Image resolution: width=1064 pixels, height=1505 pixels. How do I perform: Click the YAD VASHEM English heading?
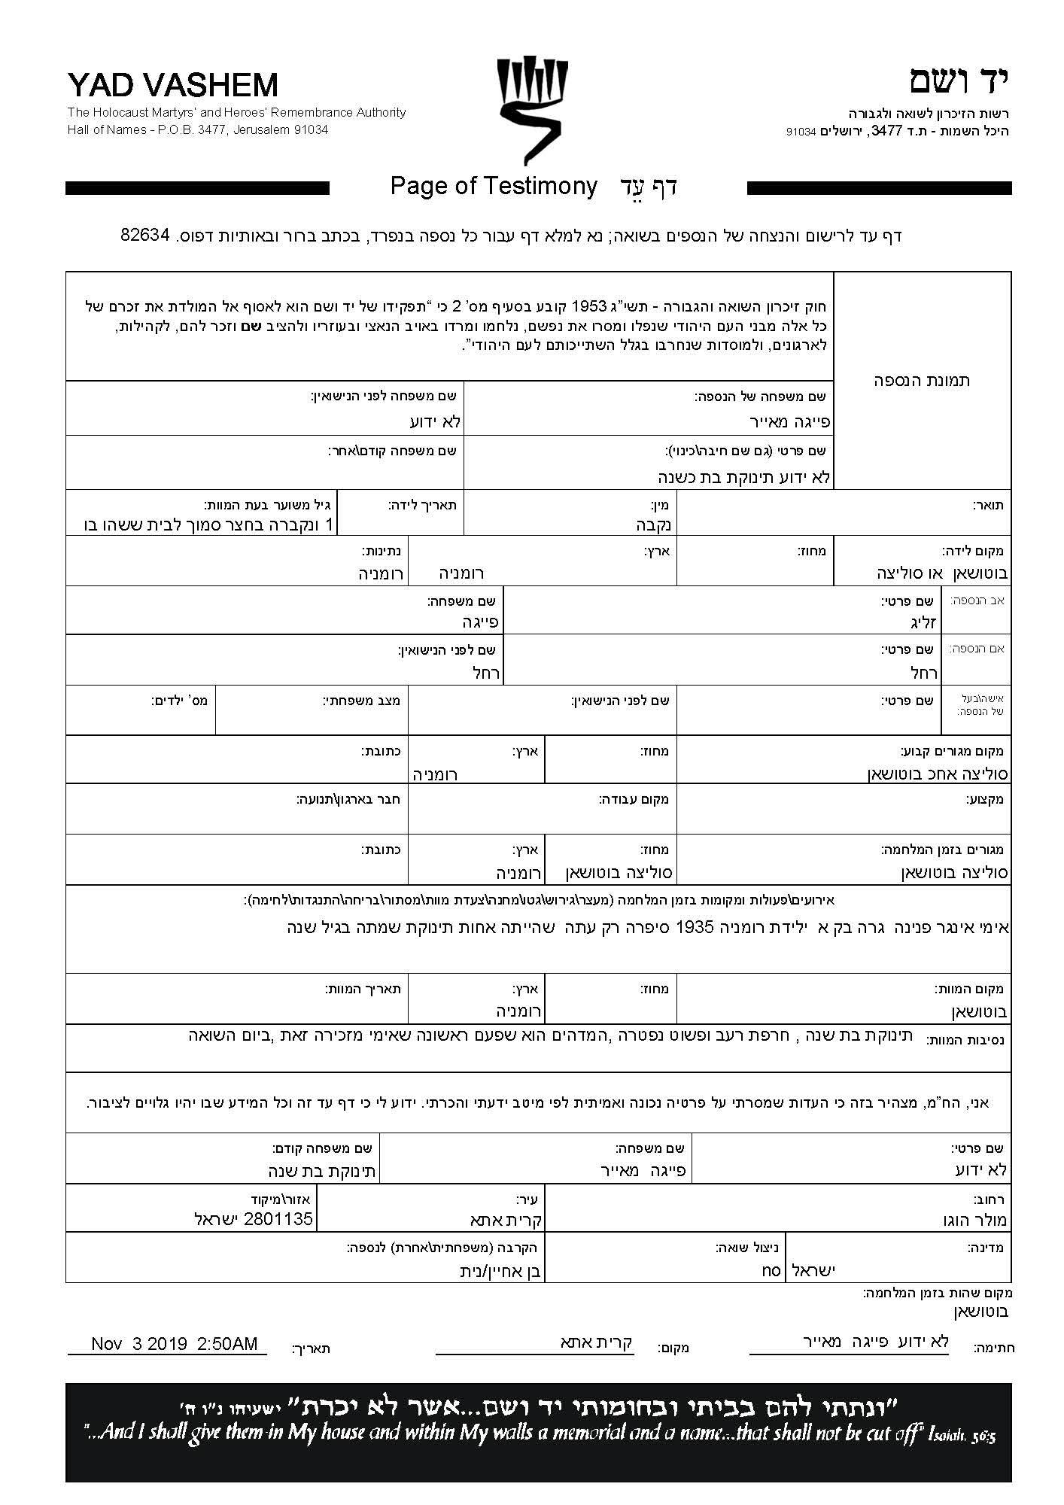click(x=172, y=85)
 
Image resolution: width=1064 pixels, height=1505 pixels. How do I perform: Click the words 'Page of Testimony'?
click(x=494, y=186)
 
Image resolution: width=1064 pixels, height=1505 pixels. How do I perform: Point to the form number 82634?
click(x=146, y=235)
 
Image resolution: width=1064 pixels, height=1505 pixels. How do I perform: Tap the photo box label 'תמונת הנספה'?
click(x=921, y=380)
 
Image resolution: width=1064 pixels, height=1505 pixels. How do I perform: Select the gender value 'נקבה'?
click(x=654, y=524)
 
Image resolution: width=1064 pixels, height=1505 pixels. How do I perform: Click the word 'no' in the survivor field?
click(x=771, y=1270)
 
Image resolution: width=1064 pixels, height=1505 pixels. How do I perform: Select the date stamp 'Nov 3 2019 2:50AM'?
click(x=175, y=1343)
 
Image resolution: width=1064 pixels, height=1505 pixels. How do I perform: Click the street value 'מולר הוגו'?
click(x=974, y=1220)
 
